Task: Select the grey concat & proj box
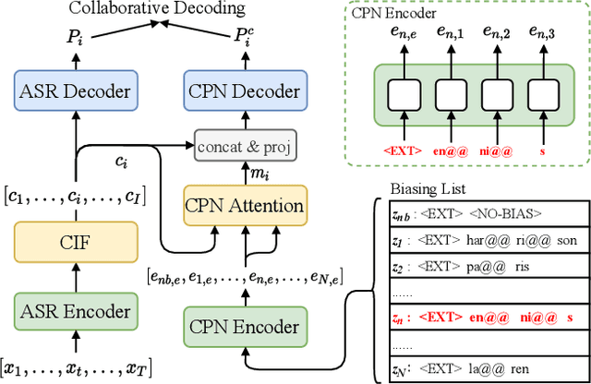(242, 146)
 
